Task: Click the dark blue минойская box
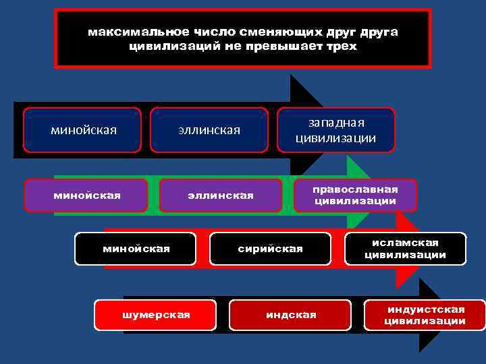[83, 129]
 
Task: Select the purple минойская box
[86, 195]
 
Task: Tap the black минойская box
[136, 249]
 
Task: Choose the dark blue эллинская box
[209, 129]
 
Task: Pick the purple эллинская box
[220, 195]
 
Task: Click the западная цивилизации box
[335, 130]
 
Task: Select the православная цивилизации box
[355, 195]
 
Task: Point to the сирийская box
[270, 249]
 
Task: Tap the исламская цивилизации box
[405, 248]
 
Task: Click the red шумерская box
[155, 315]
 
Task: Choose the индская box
[290, 315]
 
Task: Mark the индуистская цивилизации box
[425, 315]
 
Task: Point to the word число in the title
[215, 32]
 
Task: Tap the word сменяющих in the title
[280, 32]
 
